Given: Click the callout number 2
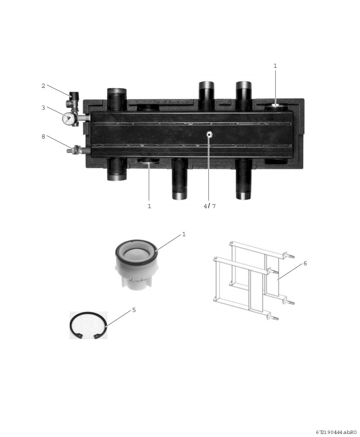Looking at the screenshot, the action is pos(43,86).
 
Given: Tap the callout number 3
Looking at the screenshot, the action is pos(43,108).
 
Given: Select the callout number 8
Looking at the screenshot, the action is pos(43,137).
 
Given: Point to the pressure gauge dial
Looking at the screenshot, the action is pos(68,118).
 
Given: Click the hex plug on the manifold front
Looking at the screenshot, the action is pos(209,134).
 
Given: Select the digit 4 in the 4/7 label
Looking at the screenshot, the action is pos(205,206).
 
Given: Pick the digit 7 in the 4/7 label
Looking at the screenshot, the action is pos(214,206).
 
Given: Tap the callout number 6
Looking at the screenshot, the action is pos(305,263).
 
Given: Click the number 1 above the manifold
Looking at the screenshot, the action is pos(275,66).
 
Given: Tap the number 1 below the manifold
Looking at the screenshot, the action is pos(149,206).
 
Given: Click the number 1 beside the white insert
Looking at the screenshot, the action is pos(184,234).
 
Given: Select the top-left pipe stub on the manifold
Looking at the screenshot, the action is pos(117,99).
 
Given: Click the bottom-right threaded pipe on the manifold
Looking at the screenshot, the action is pos(244,179).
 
